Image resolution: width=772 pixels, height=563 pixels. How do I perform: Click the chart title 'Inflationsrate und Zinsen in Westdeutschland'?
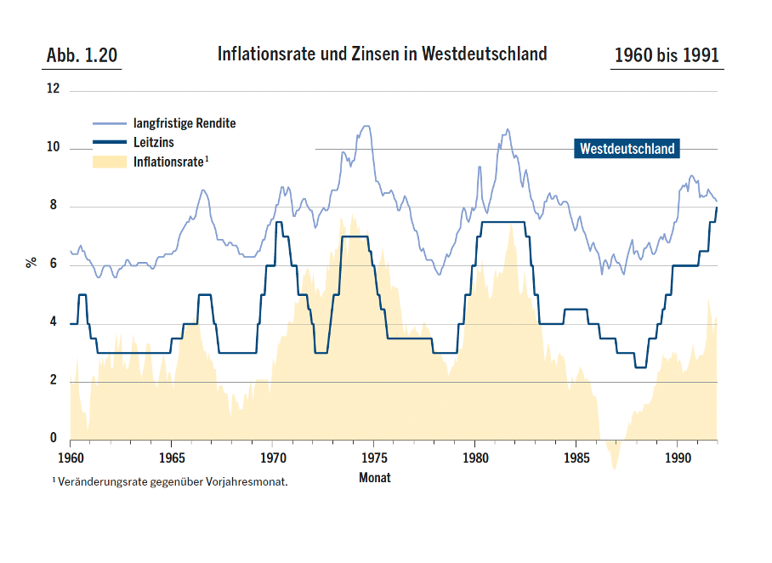point(382,54)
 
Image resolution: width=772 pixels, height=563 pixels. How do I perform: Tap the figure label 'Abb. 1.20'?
point(82,56)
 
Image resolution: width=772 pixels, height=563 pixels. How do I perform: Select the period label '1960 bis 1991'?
point(667,56)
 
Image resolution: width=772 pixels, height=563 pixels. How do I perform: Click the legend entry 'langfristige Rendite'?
point(184,123)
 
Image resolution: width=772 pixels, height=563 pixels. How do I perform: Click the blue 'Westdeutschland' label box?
point(627,149)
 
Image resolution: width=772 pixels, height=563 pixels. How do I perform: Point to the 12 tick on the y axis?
point(54,88)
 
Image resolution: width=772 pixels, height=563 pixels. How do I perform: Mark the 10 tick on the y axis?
point(54,147)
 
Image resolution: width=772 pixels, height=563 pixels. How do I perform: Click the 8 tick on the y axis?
point(54,206)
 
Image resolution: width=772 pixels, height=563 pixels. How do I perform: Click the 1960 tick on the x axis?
point(70,456)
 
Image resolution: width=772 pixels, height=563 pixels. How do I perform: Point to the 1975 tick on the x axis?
point(373,456)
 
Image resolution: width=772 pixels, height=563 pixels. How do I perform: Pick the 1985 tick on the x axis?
point(576,456)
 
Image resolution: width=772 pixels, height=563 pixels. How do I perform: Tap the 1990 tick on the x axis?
point(677,456)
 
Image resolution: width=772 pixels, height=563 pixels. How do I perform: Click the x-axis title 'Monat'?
point(375,477)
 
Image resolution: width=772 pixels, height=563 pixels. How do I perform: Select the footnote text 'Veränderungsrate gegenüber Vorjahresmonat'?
point(173,482)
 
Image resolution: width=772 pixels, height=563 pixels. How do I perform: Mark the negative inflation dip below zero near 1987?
point(614,455)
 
